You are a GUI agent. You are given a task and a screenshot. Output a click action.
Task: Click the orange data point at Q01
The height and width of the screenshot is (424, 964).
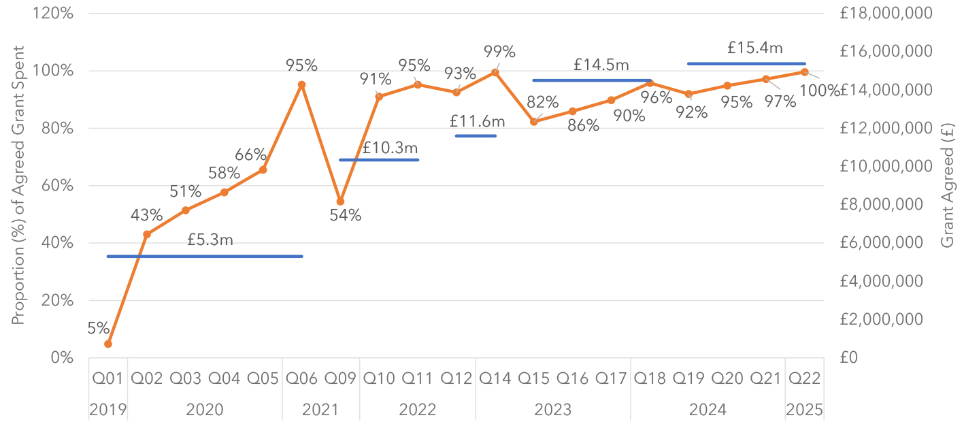point(108,344)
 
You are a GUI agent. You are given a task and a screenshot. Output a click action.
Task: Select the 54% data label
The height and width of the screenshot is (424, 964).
point(346,216)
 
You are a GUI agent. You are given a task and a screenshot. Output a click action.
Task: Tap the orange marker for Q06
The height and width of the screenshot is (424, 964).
point(301,85)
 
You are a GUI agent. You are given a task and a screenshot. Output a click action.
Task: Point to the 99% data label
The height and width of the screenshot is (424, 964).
point(499,52)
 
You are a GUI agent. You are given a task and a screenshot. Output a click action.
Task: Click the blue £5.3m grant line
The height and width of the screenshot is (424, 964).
point(204,257)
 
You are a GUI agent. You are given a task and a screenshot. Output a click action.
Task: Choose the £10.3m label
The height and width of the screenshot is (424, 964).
point(390,147)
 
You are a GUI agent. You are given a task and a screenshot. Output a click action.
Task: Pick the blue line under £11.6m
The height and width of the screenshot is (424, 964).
point(476,136)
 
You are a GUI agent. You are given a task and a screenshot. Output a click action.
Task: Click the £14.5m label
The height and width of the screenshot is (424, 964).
point(601,65)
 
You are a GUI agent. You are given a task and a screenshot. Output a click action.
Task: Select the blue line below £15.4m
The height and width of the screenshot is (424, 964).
point(746,64)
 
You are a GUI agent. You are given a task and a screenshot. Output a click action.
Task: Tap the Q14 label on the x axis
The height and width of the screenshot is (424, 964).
point(495,378)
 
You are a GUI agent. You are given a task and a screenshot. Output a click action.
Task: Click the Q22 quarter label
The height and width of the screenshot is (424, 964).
point(804,378)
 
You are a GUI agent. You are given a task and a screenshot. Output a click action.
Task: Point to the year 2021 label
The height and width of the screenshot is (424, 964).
point(320,410)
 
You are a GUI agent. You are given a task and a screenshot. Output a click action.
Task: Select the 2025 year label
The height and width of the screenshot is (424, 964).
point(804,410)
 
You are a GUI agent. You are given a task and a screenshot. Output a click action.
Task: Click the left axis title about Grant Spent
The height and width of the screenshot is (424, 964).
point(18,185)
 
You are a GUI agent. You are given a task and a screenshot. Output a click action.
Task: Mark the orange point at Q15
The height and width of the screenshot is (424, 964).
point(533,122)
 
